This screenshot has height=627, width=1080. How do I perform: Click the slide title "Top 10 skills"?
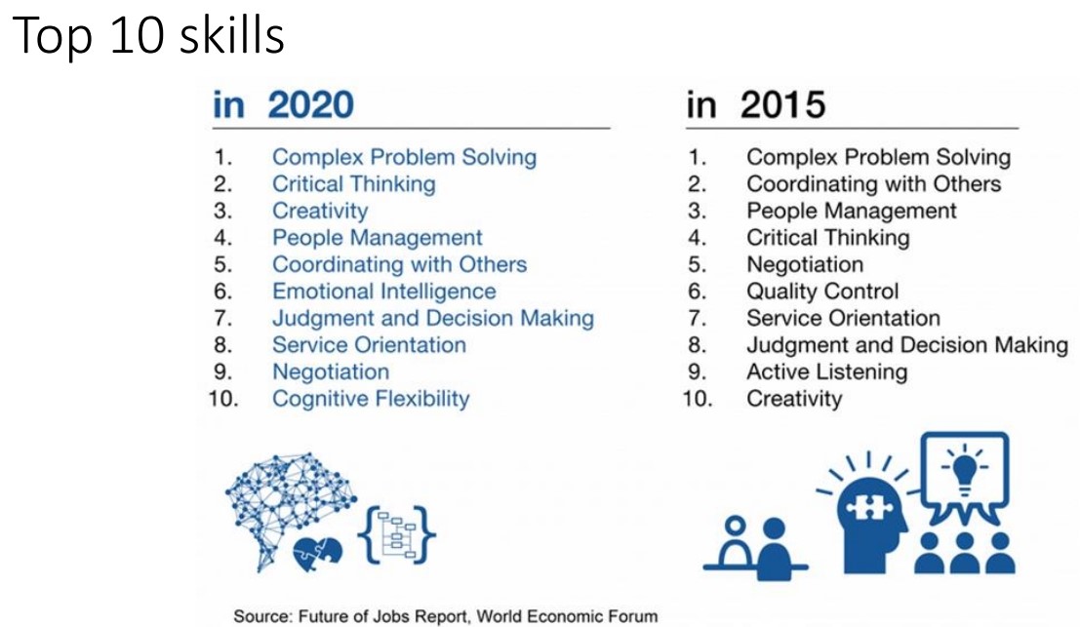click(x=148, y=36)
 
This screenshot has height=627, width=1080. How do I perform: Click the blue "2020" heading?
click(x=310, y=105)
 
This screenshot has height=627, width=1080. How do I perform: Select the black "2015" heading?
click(x=783, y=105)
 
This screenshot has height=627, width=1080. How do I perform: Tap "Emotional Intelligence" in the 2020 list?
click(x=383, y=292)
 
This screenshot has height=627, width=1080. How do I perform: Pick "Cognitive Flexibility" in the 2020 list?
click(x=371, y=399)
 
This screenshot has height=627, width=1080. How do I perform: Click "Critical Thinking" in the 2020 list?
click(x=353, y=183)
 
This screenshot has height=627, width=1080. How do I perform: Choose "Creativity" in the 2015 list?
click(x=794, y=399)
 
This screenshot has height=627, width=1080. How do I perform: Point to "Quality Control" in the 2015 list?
click(x=822, y=292)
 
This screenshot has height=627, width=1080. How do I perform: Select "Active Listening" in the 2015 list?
click(x=826, y=372)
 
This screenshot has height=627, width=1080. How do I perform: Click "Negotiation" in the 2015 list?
click(x=805, y=264)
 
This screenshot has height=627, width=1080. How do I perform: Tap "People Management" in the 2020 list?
click(x=377, y=238)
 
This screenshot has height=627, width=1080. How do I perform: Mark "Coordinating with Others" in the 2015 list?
click(x=873, y=183)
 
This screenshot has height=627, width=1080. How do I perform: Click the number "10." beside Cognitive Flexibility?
click(x=223, y=399)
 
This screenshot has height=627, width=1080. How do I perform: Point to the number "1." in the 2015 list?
click(x=698, y=157)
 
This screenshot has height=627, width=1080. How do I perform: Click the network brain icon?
click(x=290, y=506)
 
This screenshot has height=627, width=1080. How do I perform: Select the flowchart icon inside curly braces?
click(x=397, y=534)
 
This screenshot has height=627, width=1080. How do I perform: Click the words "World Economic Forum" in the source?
click(x=567, y=616)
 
